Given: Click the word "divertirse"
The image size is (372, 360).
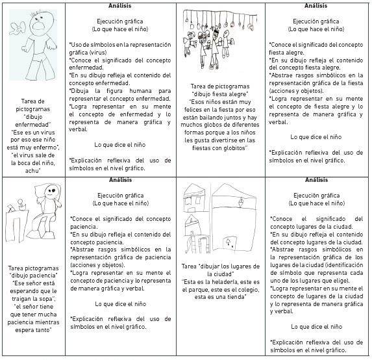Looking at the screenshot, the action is (x=217, y=140).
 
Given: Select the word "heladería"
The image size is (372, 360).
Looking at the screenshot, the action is (x=219, y=282).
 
